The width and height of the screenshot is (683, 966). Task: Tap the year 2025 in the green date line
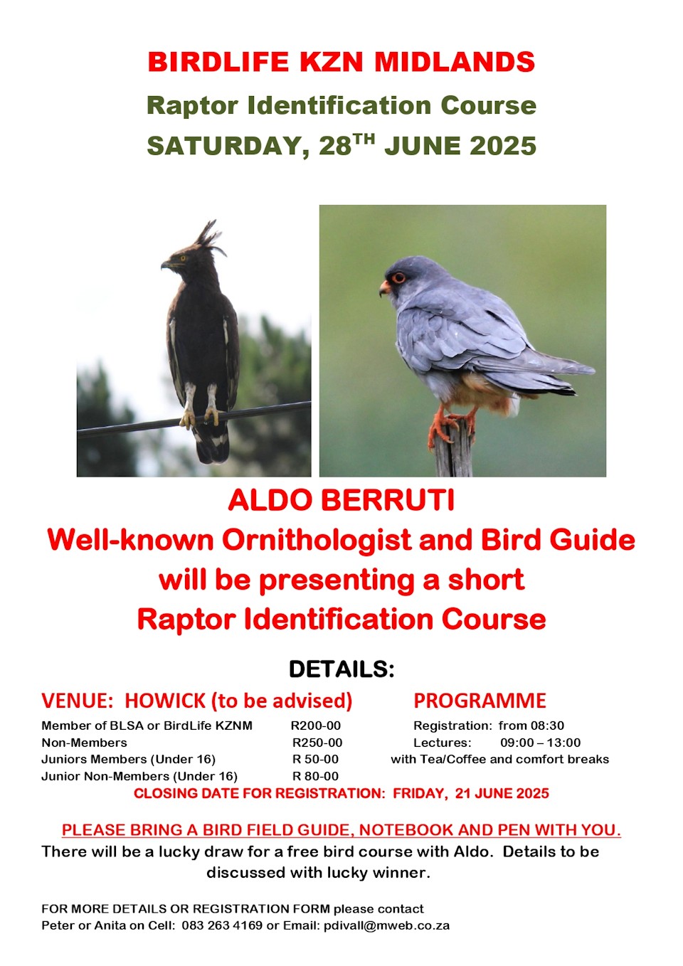[502, 146]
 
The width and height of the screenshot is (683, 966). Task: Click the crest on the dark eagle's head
[208, 235]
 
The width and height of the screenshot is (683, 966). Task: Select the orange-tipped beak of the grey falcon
[384, 288]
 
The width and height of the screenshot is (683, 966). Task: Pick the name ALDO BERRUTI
[341, 501]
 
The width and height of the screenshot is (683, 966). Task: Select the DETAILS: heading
[341, 669]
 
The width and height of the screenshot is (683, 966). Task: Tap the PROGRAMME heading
[480, 701]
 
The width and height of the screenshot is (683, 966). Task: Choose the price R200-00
[316, 726]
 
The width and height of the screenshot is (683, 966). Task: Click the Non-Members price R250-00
[317, 743]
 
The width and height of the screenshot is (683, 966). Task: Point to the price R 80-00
[316, 777]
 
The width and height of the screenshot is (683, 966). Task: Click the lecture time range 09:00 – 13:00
[540, 743]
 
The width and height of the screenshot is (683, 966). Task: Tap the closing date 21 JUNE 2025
[502, 794]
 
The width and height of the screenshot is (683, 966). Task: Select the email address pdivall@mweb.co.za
[386, 926]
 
